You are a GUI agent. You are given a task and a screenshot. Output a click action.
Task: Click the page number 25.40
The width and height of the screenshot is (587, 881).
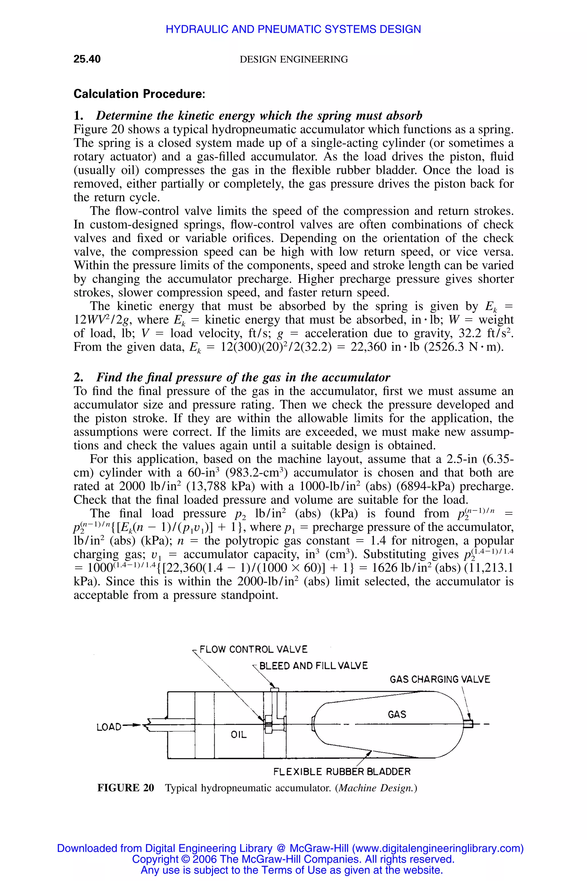[x=87, y=59]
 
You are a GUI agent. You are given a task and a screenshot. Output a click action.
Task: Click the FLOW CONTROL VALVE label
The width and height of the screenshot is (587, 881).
[x=253, y=649]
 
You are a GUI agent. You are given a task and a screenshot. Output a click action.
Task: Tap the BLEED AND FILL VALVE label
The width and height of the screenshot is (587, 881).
[x=313, y=666]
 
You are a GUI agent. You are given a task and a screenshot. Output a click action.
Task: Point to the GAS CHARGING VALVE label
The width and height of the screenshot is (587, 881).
[x=440, y=679]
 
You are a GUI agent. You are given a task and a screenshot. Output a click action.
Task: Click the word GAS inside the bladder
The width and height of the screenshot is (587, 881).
[x=397, y=714]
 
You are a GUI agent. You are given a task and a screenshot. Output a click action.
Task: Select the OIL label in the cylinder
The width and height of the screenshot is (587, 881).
[x=238, y=735]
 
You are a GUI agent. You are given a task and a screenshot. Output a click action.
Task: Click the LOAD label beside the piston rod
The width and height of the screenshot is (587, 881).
[x=109, y=727]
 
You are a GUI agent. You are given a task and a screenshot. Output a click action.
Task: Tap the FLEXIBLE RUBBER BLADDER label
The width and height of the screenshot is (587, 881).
[x=342, y=772]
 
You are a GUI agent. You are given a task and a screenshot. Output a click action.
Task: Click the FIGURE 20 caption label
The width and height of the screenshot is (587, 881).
[x=126, y=788]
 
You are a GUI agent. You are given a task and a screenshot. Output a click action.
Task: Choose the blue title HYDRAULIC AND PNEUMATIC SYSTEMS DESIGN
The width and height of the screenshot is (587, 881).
[x=293, y=29]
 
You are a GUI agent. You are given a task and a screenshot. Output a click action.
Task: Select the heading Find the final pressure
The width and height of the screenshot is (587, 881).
[x=243, y=377]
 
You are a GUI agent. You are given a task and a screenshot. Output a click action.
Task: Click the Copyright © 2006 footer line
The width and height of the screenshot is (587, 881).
[x=293, y=859]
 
